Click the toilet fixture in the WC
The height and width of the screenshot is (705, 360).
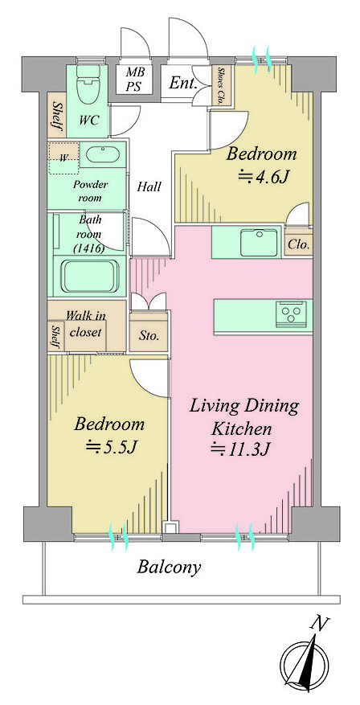87,86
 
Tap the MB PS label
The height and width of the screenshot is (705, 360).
133,79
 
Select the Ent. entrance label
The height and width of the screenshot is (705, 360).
182,83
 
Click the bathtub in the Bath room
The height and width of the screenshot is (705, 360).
90,276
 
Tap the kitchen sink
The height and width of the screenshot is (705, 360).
260,242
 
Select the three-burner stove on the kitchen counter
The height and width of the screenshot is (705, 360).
291,313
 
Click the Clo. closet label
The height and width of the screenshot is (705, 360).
298,245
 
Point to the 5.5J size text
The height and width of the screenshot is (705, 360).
112,446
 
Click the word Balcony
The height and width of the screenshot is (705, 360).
169,567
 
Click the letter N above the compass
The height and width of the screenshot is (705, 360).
319,624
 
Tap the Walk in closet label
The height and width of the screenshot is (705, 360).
85,324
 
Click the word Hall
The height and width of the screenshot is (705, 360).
149,186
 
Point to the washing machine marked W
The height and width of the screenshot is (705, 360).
63,158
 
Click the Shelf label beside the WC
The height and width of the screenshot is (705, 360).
57,115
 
